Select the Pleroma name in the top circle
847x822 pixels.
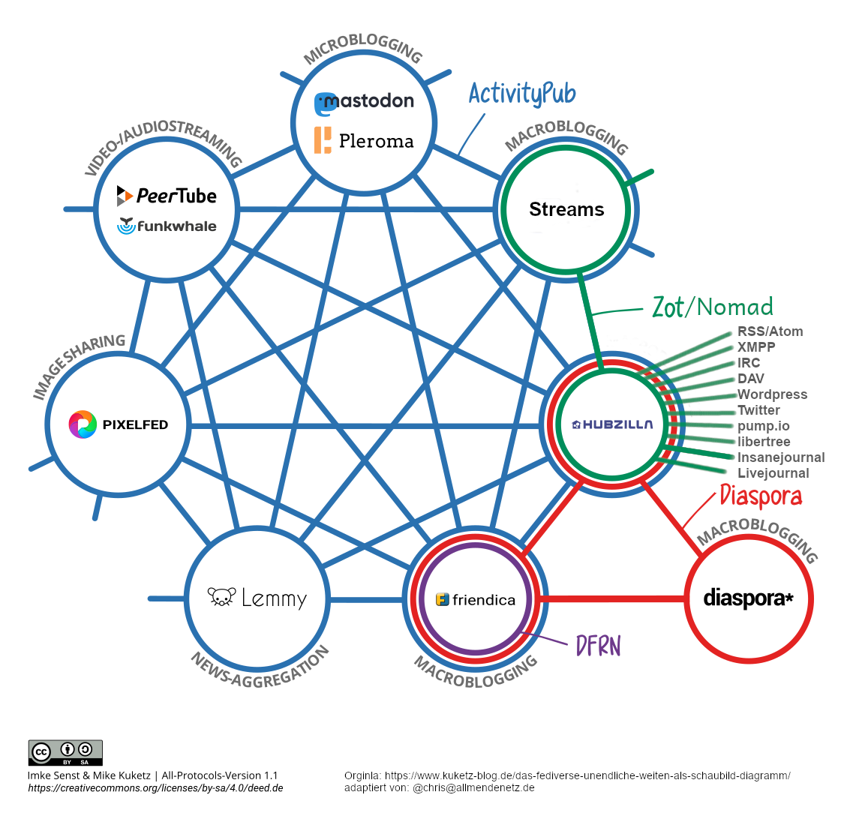(x=376, y=141)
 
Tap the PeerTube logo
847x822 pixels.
(x=167, y=196)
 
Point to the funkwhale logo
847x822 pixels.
(x=167, y=226)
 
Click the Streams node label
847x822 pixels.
(x=566, y=209)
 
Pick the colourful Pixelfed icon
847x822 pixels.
(x=83, y=424)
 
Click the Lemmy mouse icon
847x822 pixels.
(x=221, y=597)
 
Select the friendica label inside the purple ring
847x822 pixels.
(x=483, y=600)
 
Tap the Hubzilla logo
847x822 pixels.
(x=612, y=424)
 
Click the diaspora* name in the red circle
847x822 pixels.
(x=748, y=598)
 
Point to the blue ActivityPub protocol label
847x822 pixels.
(x=522, y=94)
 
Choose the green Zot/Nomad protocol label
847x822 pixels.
(x=712, y=307)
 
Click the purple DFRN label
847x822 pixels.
(x=598, y=646)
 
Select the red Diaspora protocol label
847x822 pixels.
(x=761, y=496)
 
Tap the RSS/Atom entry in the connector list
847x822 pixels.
(x=770, y=331)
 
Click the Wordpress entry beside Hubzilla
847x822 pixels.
(x=772, y=394)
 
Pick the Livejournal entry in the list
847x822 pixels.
(x=773, y=473)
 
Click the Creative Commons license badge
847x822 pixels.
(x=65, y=752)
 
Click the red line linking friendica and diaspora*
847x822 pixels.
(x=611, y=599)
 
